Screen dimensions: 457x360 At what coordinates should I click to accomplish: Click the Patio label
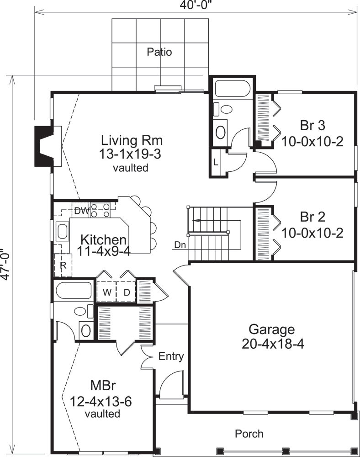point(159,52)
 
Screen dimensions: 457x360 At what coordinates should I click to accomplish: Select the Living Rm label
point(132,139)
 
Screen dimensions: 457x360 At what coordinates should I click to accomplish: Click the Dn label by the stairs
point(180,244)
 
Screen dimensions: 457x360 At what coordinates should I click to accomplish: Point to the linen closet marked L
point(216,161)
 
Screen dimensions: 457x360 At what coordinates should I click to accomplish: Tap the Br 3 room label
point(312,125)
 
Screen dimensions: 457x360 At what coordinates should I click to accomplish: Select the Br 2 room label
point(312,216)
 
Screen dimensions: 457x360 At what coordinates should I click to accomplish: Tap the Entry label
point(171,356)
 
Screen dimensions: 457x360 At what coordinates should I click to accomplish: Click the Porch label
point(249,433)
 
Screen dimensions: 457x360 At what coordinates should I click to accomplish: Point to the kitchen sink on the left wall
point(62,231)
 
